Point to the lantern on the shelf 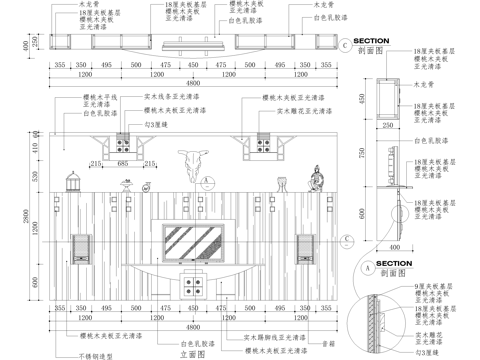pos(72,182)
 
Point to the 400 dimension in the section pos(394,246)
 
